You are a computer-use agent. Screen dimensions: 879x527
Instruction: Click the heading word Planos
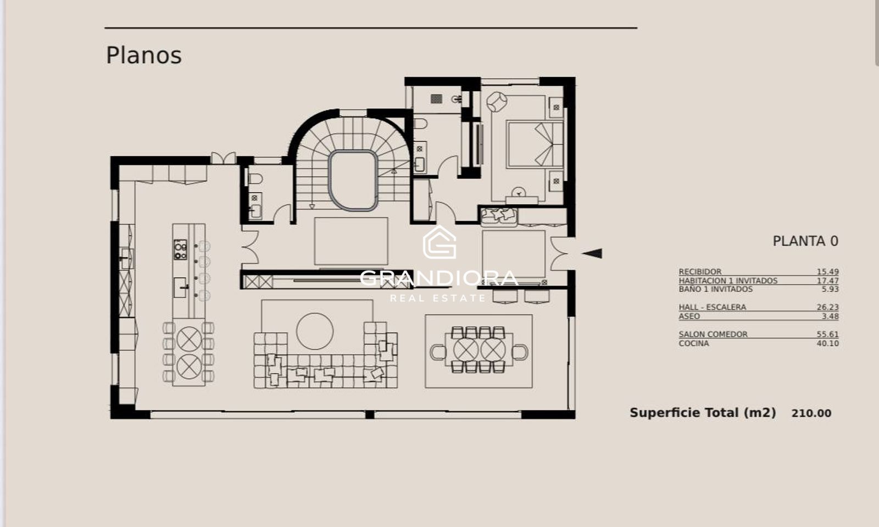pyautogui.click(x=143, y=56)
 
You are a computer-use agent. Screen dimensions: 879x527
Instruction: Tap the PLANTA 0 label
pyautogui.click(x=805, y=241)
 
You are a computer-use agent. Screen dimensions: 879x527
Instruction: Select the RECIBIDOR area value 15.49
pyautogui.click(x=827, y=271)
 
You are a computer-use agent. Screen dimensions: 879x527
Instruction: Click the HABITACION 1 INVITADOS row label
pyautogui.click(x=728, y=281)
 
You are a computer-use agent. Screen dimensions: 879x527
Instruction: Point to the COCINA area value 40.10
pyautogui.click(x=827, y=343)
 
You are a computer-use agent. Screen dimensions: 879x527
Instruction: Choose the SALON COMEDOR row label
pyautogui.click(x=713, y=334)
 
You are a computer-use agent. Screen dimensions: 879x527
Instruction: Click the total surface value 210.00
pyautogui.click(x=811, y=413)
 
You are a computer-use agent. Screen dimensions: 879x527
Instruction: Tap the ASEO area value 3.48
pyautogui.click(x=830, y=317)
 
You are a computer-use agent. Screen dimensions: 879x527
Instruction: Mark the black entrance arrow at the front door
pyautogui.click(x=592, y=253)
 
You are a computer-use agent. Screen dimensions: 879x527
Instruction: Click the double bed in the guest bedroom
pyautogui.click(x=535, y=145)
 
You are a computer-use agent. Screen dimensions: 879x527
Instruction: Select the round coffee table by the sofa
pyautogui.click(x=315, y=331)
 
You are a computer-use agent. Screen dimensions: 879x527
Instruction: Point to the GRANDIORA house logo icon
pyautogui.click(x=439, y=242)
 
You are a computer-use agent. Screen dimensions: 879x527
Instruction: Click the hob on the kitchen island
pyautogui.click(x=181, y=250)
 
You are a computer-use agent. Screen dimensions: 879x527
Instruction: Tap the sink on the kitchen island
pyautogui.click(x=180, y=287)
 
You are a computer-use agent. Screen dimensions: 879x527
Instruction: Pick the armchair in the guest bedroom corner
pyautogui.click(x=497, y=102)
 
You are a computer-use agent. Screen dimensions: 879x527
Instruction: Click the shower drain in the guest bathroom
pyautogui.click(x=436, y=98)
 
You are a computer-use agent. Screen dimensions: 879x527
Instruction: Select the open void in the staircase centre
pyautogui.click(x=353, y=180)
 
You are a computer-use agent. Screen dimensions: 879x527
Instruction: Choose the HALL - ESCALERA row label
pyautogui.click(x=712, y=307)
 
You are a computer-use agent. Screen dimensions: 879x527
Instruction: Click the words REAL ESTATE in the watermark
pyautogui.click(x=437, y=298)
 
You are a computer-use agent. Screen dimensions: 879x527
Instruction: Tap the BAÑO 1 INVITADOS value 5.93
pyautogui.click(x=830, y=289)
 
